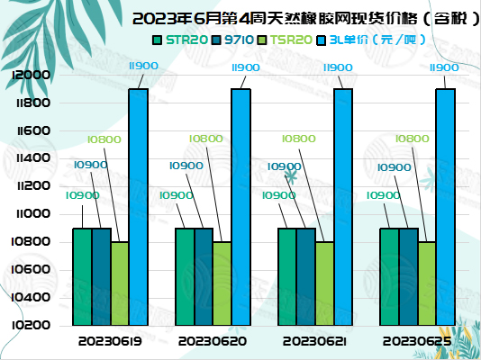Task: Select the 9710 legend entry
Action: tap(240, 40)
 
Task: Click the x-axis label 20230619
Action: tap(109, 341)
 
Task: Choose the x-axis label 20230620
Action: tap(212, 341)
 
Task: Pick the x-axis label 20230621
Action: tap(314, 341)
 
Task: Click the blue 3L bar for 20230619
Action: tap(138, 207)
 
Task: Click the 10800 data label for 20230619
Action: tap(104, 139)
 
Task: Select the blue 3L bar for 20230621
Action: tap(343, 207)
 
